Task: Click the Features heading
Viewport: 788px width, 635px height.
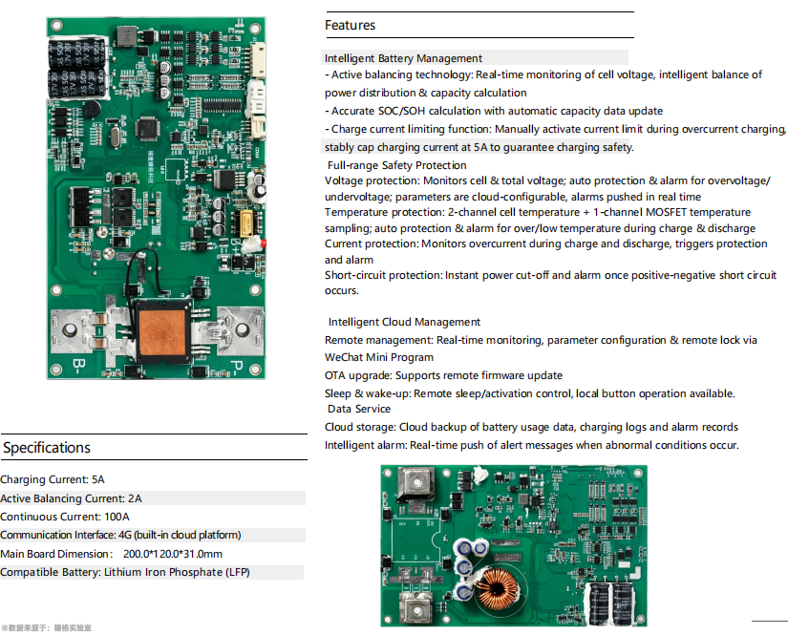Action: point(350,25)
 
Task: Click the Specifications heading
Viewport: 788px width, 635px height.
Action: point(47,448)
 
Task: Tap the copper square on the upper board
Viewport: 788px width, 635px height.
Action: point(162,332)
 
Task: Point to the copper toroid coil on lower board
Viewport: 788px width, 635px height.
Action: point(497,589)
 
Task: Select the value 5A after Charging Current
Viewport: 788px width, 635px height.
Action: point(98,479)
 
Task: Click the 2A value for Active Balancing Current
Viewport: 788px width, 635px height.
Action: point(135,498)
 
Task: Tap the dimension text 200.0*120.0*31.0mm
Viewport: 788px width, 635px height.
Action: point(173,554)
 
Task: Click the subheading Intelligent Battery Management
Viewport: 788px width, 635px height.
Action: point(403,58)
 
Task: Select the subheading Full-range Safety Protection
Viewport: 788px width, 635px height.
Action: point(397,165)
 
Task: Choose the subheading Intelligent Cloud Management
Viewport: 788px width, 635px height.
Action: point(404,322)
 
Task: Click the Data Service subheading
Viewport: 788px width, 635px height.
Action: point(359,409)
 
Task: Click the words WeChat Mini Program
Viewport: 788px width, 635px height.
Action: point(379,357)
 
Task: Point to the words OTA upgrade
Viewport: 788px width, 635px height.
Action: point(358,376)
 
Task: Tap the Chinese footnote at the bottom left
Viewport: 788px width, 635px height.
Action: point(47,628)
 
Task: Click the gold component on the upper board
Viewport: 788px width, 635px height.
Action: point(246,223)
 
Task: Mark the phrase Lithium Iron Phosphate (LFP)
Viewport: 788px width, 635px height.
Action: point(177,572)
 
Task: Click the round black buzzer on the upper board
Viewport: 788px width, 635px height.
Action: point(91,109)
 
